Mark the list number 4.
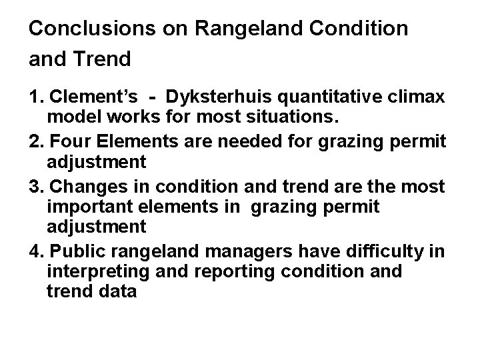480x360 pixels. click(34, 249)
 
